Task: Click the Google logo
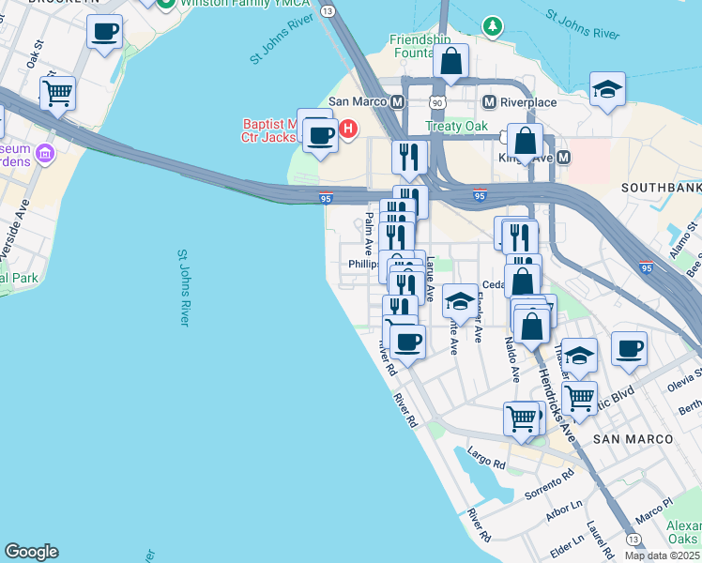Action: (x=31, y=552)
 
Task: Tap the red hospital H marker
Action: (x=348, y=129)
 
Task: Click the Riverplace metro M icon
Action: (x=489, y=101)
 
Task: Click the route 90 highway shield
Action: (x=437, y=101)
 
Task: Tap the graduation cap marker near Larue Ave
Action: (x=459, y=301)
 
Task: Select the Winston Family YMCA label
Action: (x=229, y=4)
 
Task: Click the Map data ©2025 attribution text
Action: (x=662, y=555)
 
